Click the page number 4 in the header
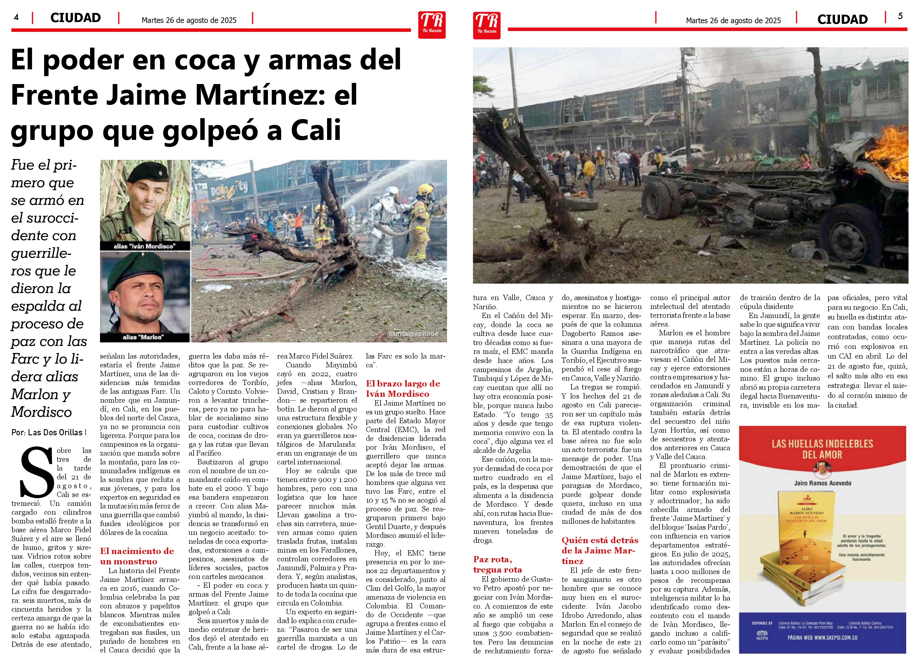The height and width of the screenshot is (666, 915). [x=16, y=17]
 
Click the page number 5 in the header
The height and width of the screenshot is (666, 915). [x=900, y=16]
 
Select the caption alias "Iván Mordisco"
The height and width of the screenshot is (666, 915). [x=144, y=246]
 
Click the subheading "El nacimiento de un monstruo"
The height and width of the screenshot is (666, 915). [x=137, y=556]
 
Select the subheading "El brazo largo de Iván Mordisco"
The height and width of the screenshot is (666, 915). [x=403, y=388]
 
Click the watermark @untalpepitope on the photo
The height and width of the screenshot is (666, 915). [x=412, y=334]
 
